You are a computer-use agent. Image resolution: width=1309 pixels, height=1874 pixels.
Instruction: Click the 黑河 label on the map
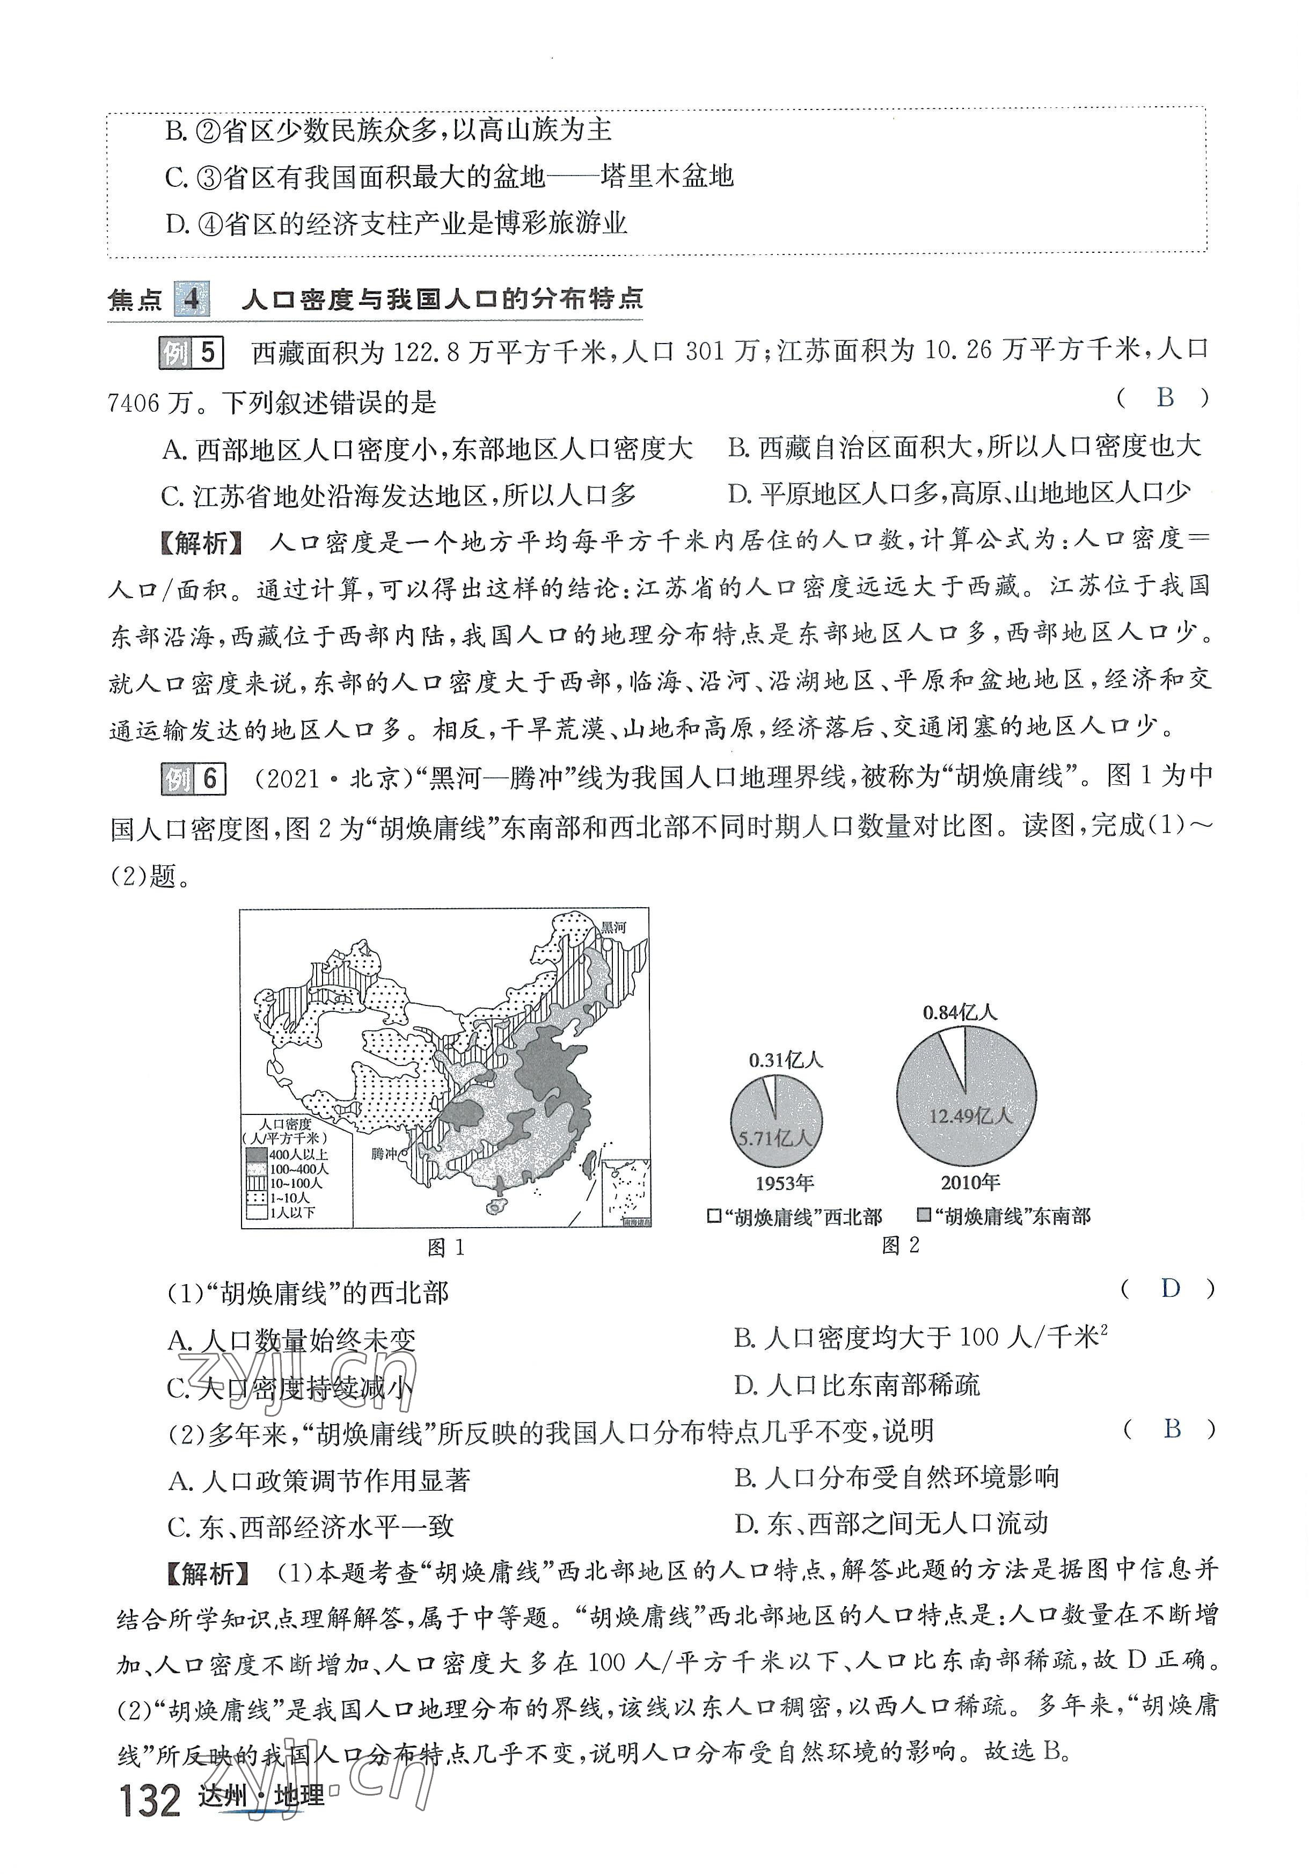click(613, 927)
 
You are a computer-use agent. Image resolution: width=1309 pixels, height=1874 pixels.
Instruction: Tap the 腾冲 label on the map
click(384, 1153)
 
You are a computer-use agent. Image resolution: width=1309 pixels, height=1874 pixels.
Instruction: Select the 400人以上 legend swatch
click(256, 1155)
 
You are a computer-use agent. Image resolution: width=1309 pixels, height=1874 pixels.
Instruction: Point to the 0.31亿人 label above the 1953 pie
click(785, 1060)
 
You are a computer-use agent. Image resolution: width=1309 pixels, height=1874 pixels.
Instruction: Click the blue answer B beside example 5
click(1165, 397)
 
